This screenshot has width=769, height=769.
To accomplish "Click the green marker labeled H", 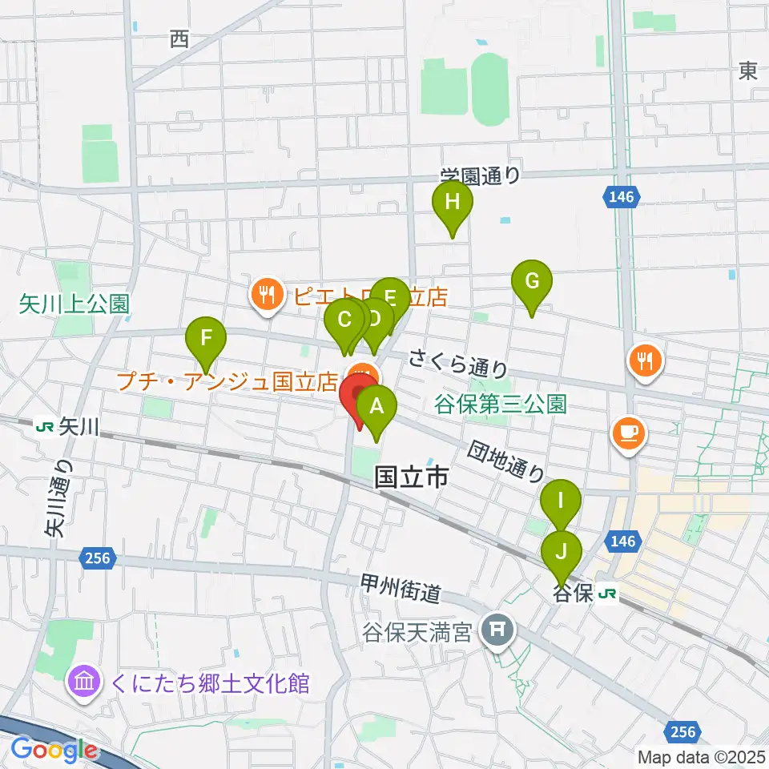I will click(x=453, y=203).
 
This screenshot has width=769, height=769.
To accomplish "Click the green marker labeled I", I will click(x=561, y=502).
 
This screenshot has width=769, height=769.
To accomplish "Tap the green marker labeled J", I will click(x=561, y=552).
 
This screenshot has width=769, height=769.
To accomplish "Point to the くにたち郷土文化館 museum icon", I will click(x=85, y=683).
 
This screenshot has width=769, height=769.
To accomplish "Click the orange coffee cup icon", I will click(x=627, y=432).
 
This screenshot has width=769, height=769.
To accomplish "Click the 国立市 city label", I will click(x=411, y=479).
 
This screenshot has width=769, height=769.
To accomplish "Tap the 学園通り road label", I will click(x=480, y=175).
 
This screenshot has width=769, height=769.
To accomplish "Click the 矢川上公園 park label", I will click(x=74, y=304).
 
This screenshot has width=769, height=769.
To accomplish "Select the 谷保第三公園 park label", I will click(x=501, y=403).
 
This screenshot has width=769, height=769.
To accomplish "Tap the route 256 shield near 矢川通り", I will click(x=98, y=556).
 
